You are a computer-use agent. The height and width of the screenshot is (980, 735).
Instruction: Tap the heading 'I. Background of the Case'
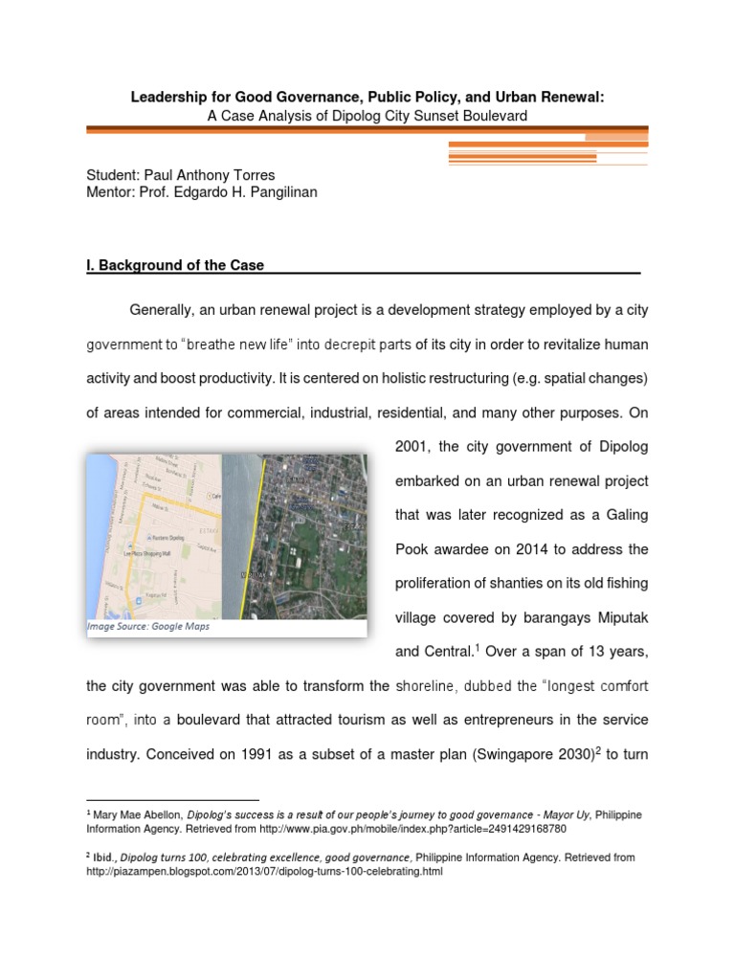tap(175, 265)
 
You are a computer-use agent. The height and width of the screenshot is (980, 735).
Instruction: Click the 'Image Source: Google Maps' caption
tap(148, 627)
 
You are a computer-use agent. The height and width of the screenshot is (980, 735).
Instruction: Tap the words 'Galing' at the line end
tap(626, 515)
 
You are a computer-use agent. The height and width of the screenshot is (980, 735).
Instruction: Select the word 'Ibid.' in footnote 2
tap(104, 857)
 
